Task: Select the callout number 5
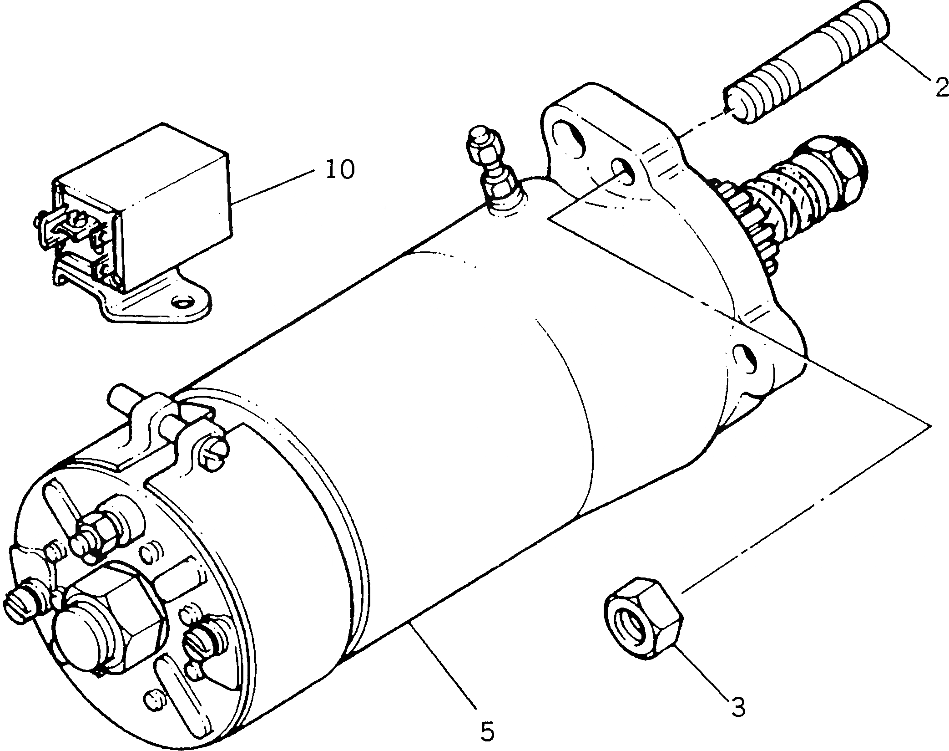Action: pos(486,732)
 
